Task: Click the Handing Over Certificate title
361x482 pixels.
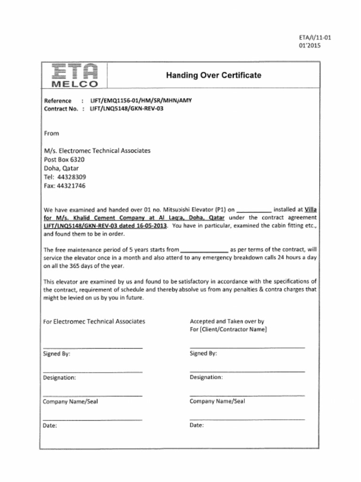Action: (213, 75)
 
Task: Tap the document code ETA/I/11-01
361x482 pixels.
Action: (315, 38)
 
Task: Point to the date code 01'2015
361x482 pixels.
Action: (309, 46)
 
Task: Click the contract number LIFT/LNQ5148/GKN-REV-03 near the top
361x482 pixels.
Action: (126, 108)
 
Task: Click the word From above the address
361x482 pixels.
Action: (51, 133)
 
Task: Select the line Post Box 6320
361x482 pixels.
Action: (64, 160)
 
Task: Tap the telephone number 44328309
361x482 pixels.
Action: (71, 177)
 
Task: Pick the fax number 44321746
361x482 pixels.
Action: (71, 186)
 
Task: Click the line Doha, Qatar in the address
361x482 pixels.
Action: (61, 168)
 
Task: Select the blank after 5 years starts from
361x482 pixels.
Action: (204, 250)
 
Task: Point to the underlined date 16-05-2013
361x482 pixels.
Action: (151, 226)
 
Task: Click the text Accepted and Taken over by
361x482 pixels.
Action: (227, 321)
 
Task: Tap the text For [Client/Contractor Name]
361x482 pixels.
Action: (228, 329)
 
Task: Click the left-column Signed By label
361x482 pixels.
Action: (56, 354)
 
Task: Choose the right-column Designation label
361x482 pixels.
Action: (206, 377)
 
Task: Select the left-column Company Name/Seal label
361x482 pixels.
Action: (70, 402)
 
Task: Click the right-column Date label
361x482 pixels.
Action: (196, 425)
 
